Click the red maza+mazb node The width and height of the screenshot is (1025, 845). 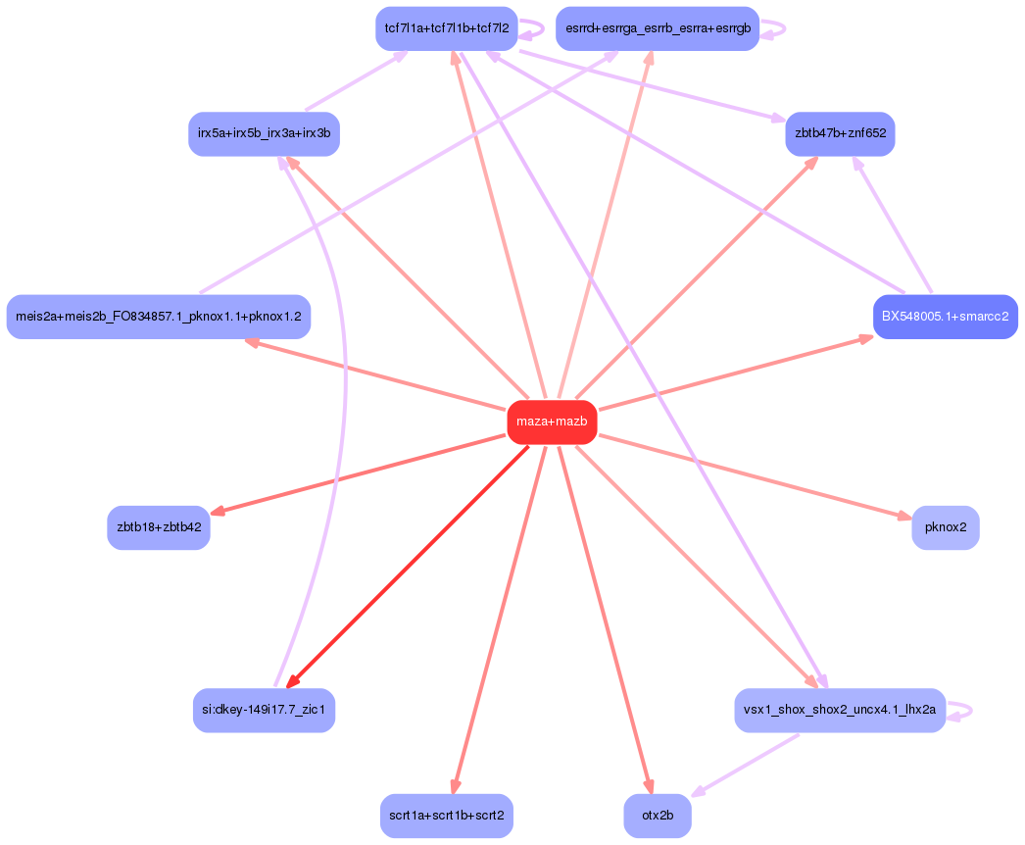[x=552, y=422]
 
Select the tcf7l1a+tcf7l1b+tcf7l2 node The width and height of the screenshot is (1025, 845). [x=447, y=28]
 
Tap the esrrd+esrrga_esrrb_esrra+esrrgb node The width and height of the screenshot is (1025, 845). [x=658, y=28]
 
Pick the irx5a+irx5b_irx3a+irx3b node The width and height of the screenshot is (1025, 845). [x=264, y=133]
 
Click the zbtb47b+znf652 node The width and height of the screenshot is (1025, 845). [x=840, y=133]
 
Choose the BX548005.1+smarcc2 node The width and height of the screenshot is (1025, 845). [x=945, y=317]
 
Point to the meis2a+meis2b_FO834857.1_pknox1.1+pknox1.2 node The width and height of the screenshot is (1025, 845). [x=159, y=317]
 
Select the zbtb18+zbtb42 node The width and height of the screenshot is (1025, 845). [x=159, y=527]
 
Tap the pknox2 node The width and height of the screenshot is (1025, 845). [x=945, y=527]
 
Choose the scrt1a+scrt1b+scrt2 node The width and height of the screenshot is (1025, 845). [x=447, y=816]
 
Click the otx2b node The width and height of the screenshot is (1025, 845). [x=658, y=816]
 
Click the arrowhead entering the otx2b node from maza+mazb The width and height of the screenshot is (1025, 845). [x=648, y=786]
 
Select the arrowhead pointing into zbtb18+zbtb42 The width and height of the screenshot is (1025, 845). [x=218, y=512]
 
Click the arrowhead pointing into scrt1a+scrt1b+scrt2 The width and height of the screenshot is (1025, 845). [x=454, y=786]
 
